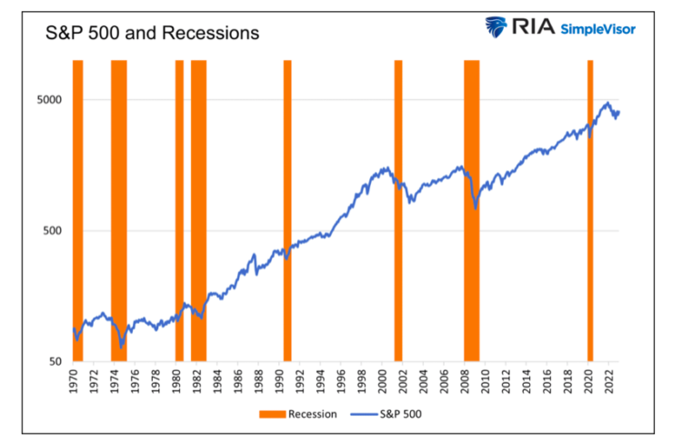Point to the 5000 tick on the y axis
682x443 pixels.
pyautogui.click(x=47, y=99)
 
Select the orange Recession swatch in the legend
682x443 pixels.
pyautogui.click(x=272, y=414)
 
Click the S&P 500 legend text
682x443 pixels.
pyautogui.click(x=401, y=414)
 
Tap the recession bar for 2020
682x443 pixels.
pyautogui.click(x=590, y=209)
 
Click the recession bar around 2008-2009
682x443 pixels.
pyautogui.click(x=471, y=209)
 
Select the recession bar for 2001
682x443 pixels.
pyautogui.click(x=397, y=209)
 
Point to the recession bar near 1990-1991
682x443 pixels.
pyautogui.click(x=286, y=209)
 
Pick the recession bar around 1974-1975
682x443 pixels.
pyautogui.click(x=118, y=209)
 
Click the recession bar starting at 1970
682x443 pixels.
pyautogui.click(x=77, y=209)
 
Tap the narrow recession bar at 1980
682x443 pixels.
pyautogui.click(x=179, y=209)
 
